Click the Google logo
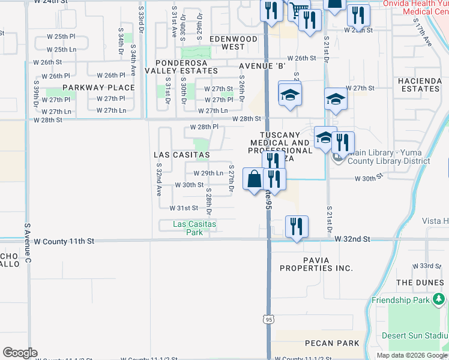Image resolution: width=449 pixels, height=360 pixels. (20, 353)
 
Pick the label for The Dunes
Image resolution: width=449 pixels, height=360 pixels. (420, 282)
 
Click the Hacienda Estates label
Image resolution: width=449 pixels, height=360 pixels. (419, 84)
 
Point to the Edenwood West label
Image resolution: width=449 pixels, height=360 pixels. (234, 43)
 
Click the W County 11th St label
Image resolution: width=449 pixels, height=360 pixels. (64, 241)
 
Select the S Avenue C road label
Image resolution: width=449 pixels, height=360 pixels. (27, 245)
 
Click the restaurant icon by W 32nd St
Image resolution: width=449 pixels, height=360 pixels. (297, 226)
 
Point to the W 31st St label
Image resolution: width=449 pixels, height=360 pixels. (184, 208)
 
